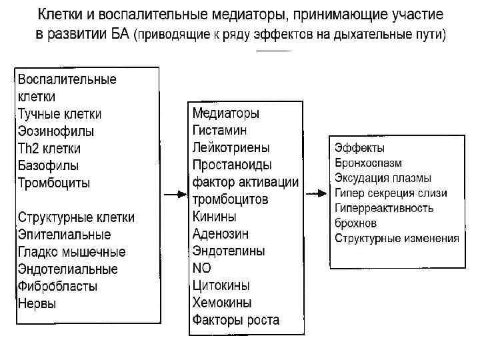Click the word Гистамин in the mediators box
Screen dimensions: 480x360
pos(219,130)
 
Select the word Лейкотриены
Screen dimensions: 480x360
pos(231,147)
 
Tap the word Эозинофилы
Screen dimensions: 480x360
pos(56,131)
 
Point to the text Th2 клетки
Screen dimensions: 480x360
pos(49,148)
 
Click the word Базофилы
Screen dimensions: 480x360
pos(48,165)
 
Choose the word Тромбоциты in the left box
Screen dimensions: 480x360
pos(54,183)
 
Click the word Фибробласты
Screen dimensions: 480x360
pos(58,287)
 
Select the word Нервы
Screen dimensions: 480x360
pos(37,304)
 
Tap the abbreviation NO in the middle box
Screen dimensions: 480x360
pos(201,269)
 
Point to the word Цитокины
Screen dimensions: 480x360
pos(221,286)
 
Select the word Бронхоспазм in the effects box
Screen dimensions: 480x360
pos(368,163)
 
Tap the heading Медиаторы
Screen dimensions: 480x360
pos(226,113)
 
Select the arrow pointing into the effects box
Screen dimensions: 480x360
pos(315,195)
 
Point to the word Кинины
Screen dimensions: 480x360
pos(214,217)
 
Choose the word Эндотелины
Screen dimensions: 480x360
pos(229,251)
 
